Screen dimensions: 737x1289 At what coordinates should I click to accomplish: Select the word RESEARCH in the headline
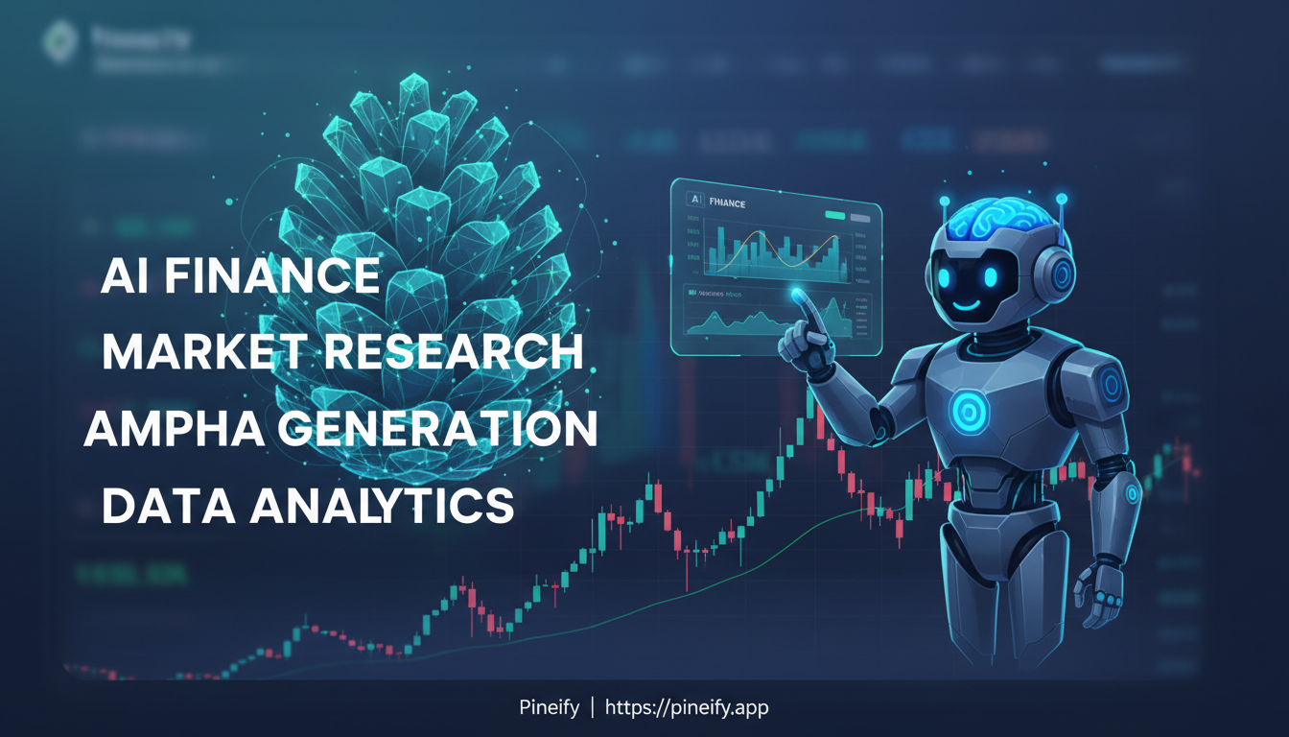point(453,353)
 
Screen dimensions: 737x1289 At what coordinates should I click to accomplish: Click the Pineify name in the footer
point(549,708)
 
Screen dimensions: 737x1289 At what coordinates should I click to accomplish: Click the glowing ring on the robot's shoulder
point(1111,386)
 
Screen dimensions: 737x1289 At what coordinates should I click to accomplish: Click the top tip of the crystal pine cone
point(414,79)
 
